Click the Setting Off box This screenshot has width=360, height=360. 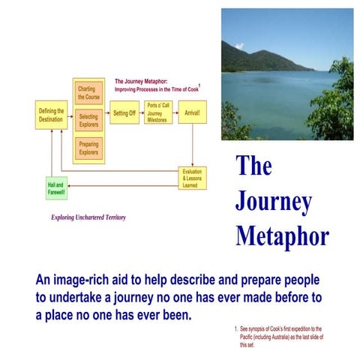coord(124,113)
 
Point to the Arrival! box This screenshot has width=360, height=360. coord(192,113)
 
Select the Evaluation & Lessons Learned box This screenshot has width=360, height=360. coord(192,178)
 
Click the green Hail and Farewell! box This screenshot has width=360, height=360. coord(56,188)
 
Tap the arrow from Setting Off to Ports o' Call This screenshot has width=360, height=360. coord(142,113)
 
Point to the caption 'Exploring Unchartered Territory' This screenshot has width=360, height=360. coord(88,217)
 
